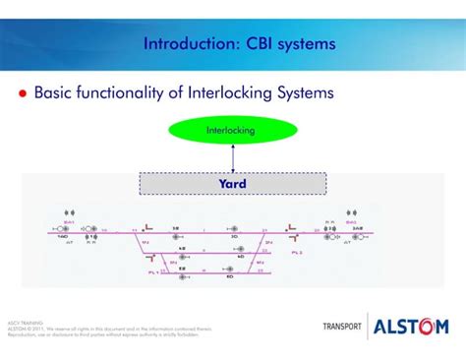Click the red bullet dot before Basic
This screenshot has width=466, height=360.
22,93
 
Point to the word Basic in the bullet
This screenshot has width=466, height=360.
58,93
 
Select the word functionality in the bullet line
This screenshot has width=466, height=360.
139,93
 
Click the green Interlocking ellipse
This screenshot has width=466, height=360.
232,130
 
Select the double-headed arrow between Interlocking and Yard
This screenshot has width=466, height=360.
232,157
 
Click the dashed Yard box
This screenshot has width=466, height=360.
232,183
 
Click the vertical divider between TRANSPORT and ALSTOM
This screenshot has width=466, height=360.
368,327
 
